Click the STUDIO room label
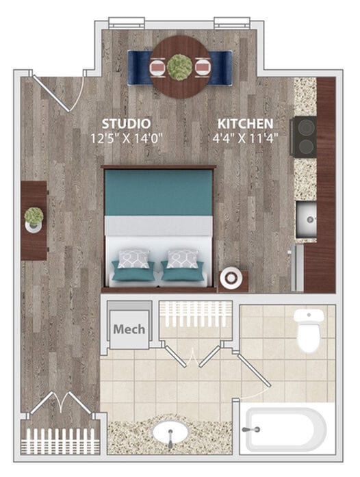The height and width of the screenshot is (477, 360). click(126, 124)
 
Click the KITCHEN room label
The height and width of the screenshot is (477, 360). click(245, 124)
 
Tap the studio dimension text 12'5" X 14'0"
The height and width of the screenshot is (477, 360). click(126, 138)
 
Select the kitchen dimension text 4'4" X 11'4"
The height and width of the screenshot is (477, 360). click(245, 138)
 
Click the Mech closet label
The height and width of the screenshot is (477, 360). click(129, 329)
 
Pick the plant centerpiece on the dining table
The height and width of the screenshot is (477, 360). click(180, 66)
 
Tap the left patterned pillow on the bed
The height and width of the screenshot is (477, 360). click(133, 259)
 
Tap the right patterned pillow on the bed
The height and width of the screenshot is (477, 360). click(183, 259)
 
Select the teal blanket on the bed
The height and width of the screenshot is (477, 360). click(158, 192)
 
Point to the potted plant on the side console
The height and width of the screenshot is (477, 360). click(34, 218)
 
